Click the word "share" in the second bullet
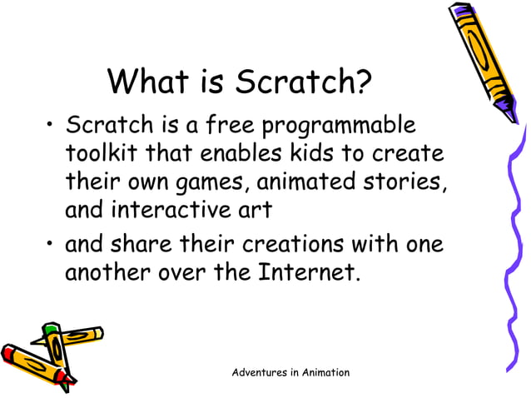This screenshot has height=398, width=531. point(162,246)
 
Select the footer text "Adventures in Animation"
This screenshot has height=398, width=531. point(290,372)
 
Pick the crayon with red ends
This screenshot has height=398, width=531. point(33,362)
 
